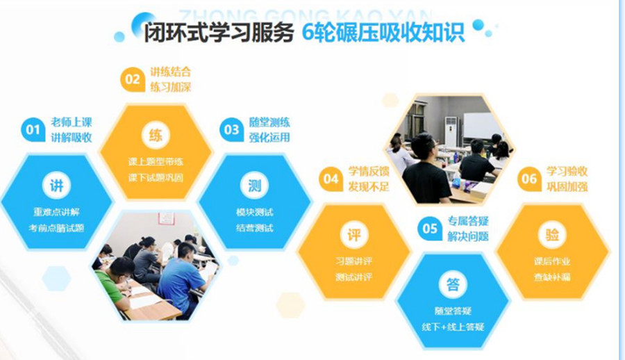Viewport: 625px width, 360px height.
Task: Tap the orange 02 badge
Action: point(131,79)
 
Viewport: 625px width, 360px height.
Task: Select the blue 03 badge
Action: point(231,129)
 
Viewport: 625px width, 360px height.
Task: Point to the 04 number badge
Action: point(331,179)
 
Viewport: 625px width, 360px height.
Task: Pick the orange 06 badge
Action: point(529,179)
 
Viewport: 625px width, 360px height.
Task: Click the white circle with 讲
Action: point(56,185)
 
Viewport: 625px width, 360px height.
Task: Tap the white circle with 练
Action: point(156,135)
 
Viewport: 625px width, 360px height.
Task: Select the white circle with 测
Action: point(254,185)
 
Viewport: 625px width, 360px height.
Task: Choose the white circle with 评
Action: point(353,235)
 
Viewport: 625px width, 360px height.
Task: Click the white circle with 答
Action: point(453,284)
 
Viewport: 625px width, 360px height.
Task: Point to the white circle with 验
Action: point(552,235)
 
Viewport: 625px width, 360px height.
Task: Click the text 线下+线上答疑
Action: point(453,327)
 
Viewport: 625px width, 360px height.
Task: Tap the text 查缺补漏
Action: point(552,277)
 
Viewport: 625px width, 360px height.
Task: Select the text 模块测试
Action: point(254,211)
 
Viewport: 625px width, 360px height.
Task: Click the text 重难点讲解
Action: point(56,211)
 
